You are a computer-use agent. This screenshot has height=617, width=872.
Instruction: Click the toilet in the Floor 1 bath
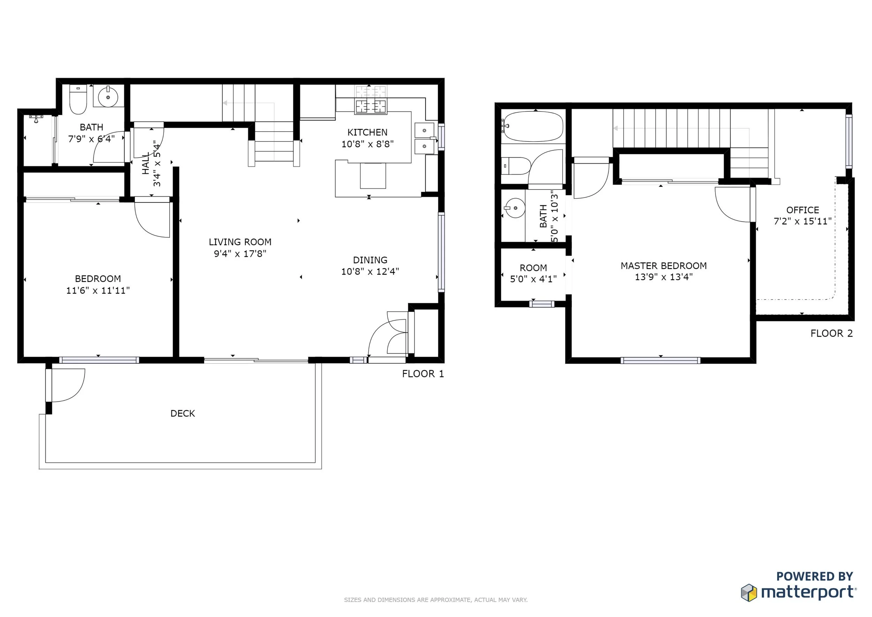coord(78,99)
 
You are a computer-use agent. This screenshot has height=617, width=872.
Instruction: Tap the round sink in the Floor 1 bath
coord(108,97)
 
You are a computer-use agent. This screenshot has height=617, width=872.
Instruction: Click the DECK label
coord(183,413)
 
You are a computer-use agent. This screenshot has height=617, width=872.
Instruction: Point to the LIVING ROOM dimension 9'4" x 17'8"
coord(240,253)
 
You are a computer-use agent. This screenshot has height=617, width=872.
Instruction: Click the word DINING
coord(370,260)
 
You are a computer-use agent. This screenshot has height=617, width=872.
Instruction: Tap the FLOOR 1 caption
coord(423,374)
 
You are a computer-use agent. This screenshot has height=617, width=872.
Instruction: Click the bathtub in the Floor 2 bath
coord(533,126)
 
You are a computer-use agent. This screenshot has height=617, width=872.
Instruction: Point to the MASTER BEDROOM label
coord(664,266)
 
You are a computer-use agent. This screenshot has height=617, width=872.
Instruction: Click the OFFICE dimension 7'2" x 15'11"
coord(803,221)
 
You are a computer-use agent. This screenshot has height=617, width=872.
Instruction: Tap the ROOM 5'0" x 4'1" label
coord(533,273)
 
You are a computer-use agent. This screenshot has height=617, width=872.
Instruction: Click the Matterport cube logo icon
coord(749,593)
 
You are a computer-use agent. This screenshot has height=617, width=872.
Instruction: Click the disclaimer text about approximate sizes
coord(436,600)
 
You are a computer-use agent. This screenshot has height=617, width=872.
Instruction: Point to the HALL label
coord(146,163)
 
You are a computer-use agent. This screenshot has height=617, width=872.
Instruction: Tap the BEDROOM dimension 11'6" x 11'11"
coord(98,290)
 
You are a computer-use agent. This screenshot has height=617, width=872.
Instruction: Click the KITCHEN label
coord(367,132)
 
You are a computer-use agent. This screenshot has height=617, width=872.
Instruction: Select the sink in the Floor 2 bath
coord(514,208)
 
